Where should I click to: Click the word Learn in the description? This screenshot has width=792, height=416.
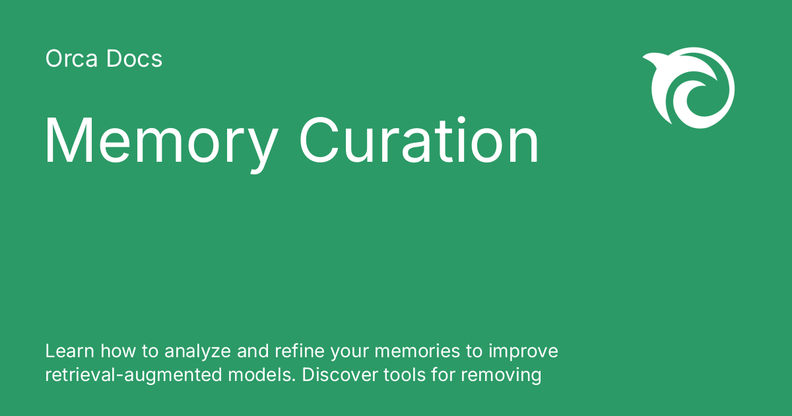(64, 351)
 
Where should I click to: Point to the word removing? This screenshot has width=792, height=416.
(501, 376)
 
